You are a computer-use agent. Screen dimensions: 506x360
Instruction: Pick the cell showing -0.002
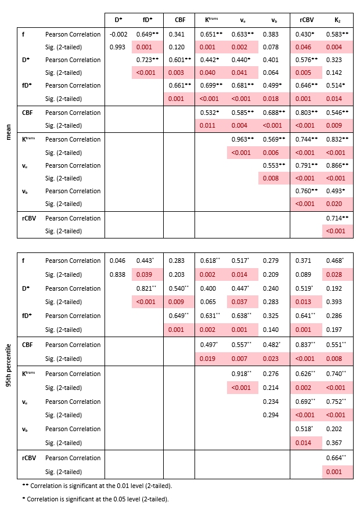click(x=118, y=34)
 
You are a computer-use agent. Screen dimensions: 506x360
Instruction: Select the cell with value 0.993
click(x=118, y=47)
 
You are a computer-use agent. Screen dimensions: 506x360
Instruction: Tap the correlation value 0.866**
click(x=338, y=165)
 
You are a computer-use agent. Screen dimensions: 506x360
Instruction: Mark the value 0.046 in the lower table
click(x=118, y=261)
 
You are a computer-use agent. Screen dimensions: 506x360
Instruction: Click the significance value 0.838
click(x=118, y=274)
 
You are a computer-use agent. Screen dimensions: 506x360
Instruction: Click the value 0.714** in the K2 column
click(x=338, y=218)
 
